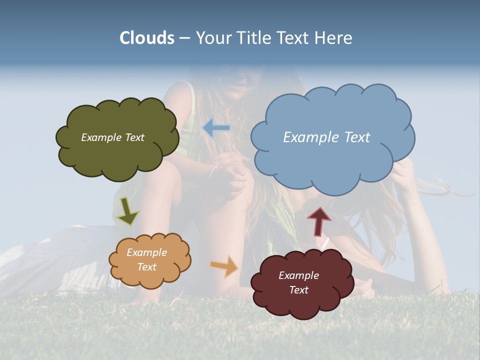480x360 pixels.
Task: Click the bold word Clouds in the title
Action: coord(147,38)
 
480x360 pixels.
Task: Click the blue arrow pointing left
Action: coord(216,127)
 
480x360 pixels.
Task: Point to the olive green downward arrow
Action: coord(127,210)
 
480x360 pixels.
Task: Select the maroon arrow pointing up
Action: coord(319,221)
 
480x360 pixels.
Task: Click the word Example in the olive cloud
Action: coord(100,137)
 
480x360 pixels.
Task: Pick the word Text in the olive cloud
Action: coord(134,137)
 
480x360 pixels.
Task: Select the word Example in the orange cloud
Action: coord(146,252)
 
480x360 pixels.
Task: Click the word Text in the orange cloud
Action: coord(146,267)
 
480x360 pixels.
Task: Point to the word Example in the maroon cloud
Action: coord(298,275)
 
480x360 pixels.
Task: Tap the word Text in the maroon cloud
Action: coord(298,290)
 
